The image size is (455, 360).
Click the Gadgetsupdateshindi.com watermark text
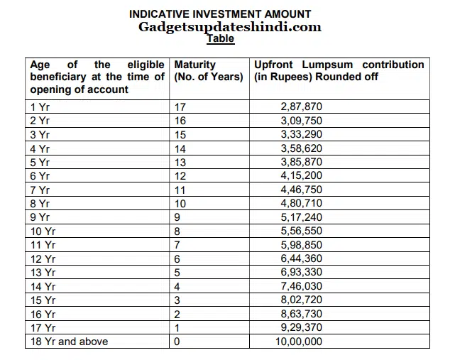coord(231,27)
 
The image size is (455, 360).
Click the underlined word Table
coord(221,39)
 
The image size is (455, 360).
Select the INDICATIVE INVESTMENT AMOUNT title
coord(220,14)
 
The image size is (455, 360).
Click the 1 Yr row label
coord(40,107)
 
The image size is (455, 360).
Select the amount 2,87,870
coord(301,107)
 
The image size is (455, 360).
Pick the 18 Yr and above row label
coord(69,342)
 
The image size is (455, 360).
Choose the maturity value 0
coord(177,342)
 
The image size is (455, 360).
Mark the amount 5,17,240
coord(301,217)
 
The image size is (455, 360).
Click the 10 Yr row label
coord(43,231)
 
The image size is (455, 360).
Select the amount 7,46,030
coord(301,286)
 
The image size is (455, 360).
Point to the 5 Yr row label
coord(40,162)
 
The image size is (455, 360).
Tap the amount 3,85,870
coord(301,162)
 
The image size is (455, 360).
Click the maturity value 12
coord(180,176)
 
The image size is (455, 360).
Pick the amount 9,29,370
coord(301,328)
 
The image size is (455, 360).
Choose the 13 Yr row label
coord(43,273)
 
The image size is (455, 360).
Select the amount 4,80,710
coord(301,204)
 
